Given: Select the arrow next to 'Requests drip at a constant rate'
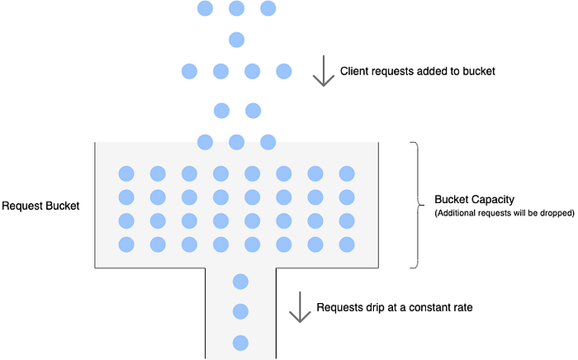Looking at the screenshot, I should point(297,308).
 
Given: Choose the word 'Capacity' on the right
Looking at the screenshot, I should point(491,200).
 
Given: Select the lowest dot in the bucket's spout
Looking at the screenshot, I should point(241,342).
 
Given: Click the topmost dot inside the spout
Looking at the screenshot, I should point(241,281).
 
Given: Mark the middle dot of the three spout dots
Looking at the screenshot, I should point(241,311).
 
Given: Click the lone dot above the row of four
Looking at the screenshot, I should point(237,39).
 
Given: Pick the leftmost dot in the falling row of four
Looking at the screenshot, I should point(190,71).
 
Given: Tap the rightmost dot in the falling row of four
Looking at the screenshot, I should point(284,71).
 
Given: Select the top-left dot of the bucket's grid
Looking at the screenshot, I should point(126,173).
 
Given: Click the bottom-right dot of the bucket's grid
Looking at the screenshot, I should point(347,244).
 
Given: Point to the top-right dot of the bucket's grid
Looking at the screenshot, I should point(347,173).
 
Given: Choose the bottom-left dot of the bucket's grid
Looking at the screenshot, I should point(126,244).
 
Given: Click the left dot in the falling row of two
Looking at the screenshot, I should point(221,110).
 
